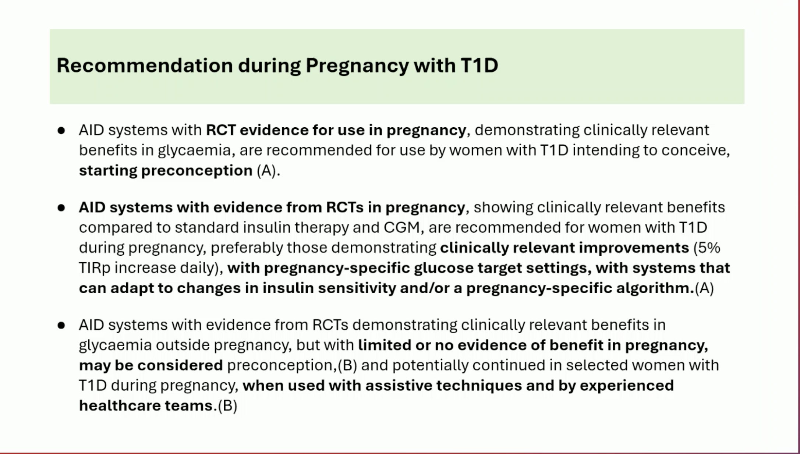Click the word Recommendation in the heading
[x=145, y=65]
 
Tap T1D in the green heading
[x=479, y=65]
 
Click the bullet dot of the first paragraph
[x=61, y=131]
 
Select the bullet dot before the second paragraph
[x=61, y=208]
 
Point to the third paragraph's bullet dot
[x=61, y=325]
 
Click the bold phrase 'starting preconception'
[x=166, y=171]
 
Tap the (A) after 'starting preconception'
[x=266, y=171]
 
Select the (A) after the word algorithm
[x=704, y=288]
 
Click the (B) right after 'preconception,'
[x=347, y=365]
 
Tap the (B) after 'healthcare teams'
[x=227, y=406]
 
